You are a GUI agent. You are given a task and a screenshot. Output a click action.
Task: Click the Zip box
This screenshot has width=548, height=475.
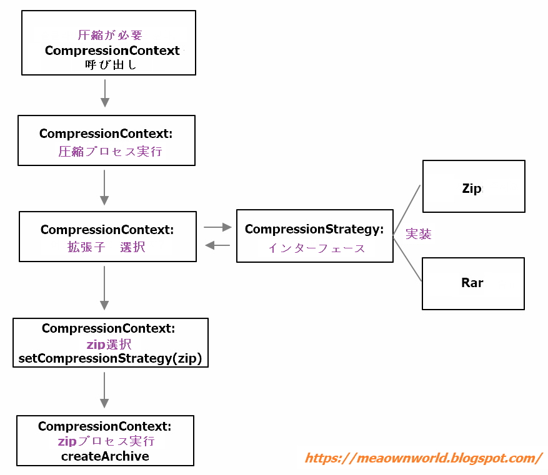point(474,187)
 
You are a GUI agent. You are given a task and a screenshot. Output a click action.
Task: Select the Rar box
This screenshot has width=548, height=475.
point(473,283)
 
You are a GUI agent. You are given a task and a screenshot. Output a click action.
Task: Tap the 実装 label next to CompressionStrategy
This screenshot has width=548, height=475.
point(418,234)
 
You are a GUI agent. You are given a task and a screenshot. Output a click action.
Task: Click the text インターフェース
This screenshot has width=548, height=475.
point(317,248)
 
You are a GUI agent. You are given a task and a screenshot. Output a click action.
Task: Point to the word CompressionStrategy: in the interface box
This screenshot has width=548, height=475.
point(314,229)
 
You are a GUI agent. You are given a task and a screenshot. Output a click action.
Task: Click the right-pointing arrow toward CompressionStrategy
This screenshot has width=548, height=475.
point(217,228)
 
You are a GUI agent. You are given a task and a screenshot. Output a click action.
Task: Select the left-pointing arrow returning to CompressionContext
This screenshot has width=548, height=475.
point(217,245)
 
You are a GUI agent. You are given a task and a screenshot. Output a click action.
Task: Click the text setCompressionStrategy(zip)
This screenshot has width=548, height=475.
point(111,359)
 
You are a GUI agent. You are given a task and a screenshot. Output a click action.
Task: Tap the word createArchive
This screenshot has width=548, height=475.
point(105,456)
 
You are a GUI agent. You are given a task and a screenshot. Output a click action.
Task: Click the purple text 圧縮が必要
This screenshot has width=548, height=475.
point(109,36)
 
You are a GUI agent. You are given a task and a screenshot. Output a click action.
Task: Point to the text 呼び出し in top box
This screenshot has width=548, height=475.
point(111,64)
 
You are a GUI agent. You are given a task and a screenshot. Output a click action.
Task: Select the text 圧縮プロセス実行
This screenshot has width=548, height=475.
point(110,151)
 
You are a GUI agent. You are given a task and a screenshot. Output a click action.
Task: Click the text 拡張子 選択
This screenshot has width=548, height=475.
point(106,247)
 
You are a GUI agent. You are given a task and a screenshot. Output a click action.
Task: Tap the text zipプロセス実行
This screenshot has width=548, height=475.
point(106,441)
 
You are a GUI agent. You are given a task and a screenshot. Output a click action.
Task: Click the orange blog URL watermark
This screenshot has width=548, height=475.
point(423,458)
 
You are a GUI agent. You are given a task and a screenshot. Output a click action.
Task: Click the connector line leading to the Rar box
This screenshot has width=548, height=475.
point(407,259)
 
